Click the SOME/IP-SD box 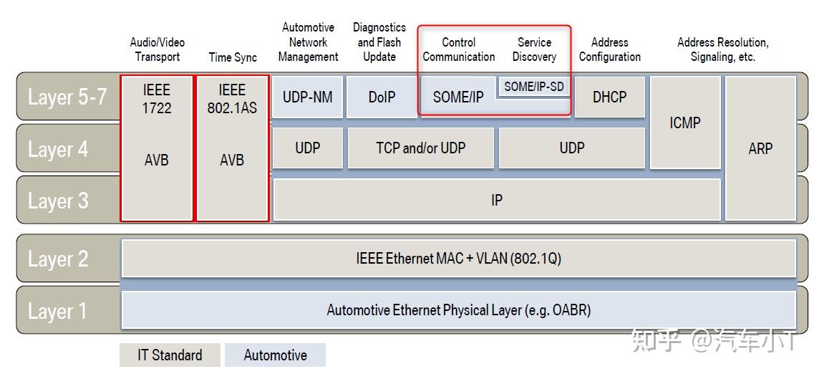(534, 87)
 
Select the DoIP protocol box (382, 97)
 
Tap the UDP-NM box (307, 97)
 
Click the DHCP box (610, 97)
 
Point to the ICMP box (684, 123)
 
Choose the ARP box (760, 148)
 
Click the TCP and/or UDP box (420, 148)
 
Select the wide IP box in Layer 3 (496, 200)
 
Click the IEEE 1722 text (156, 99)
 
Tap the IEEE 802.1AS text (232, 99)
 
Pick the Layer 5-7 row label (67, 97)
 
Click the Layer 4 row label (57, 149)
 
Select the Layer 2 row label (57, 259)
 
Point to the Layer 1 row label (57, 311)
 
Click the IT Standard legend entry (170, 355)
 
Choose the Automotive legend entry (275, 355)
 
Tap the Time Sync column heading (232, 57)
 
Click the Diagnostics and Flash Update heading (379, 42)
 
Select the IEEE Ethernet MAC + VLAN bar (458, 259)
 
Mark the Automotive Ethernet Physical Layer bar (458, 311)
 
